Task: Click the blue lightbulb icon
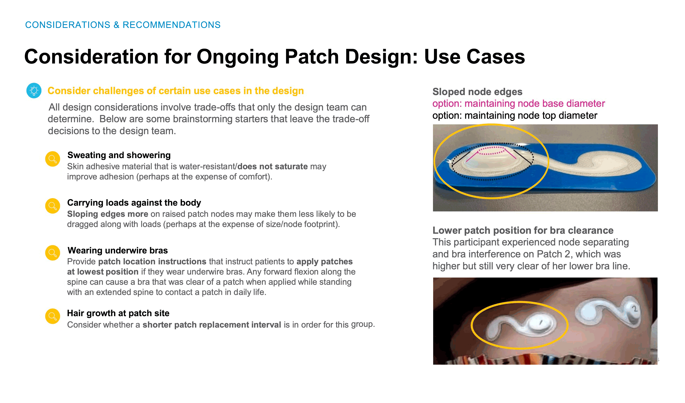click(34, 91)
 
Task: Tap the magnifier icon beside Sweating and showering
click(52, 159)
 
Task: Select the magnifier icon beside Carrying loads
click(52, 206)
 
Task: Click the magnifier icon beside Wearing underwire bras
click(52, 253)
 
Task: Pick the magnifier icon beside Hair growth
click(52, 316)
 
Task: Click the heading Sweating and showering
click(119, 155)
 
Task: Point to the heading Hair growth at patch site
click(118, 313)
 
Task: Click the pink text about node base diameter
click(519, 104)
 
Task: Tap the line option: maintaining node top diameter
click(515, 116)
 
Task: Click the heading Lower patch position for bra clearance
click(523, 231)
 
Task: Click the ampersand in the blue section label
click(116, 25)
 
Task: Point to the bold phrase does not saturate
click(273, 167)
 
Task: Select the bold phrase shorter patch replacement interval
click(212, 325)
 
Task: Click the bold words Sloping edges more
click(108, 214)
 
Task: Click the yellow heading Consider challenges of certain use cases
click(175, 91)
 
